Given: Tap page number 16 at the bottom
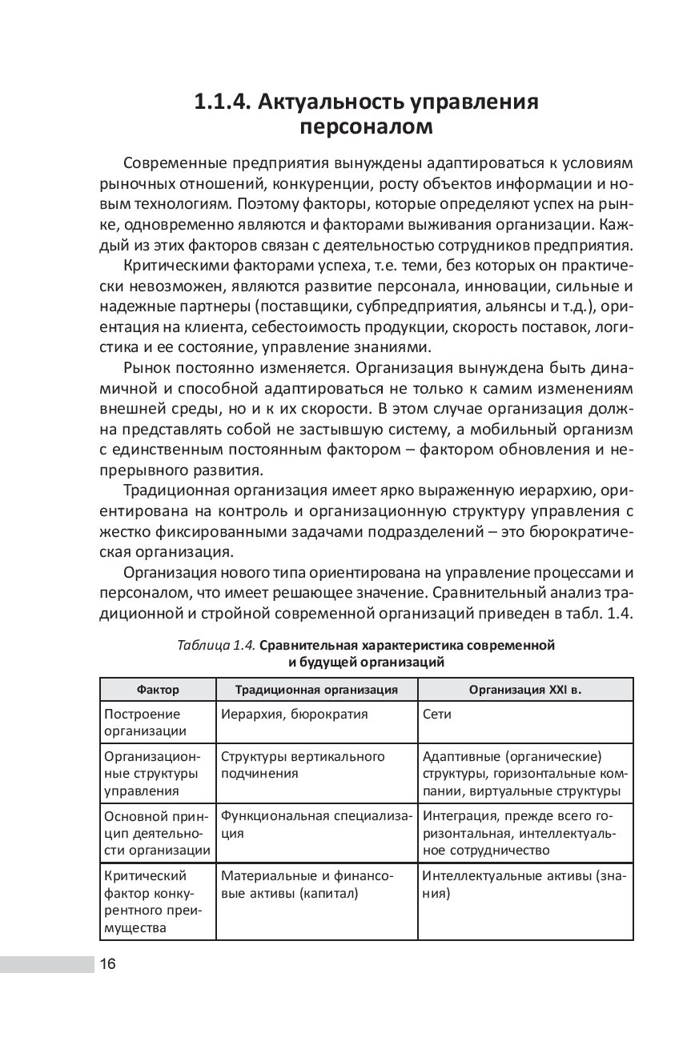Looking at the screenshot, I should (x=108, y=963).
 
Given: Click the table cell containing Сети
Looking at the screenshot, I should (x=436, y=714).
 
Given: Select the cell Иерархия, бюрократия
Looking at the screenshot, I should (x=294, y=714).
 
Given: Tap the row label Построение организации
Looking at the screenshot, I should (x=143, y=722).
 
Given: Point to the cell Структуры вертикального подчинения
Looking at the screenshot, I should (x=303, y=765).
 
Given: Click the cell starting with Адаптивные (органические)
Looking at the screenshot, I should (x=524, y=774).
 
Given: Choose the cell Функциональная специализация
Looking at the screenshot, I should (x=316, y=824).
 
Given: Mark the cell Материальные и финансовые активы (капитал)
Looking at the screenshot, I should (x=307, y=884).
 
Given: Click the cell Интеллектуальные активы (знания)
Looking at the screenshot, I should (x=524, y=884).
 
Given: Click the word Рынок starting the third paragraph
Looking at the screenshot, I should (x=147, y=368).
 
